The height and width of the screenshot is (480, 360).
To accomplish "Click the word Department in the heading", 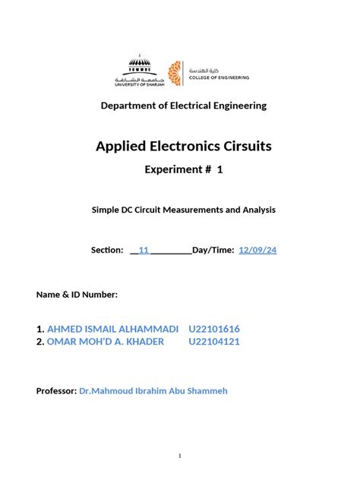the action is coord(131,106).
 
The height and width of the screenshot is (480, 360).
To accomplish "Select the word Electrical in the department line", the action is coord(204,106).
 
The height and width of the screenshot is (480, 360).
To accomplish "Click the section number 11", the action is coord(144,250).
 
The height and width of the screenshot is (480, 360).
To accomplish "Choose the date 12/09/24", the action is coord(258,250).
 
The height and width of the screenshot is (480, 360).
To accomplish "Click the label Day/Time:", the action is coord(213,250).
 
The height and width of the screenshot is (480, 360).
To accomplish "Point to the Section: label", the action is coord(106,250).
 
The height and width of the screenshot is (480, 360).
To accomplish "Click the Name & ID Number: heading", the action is coord(77,294).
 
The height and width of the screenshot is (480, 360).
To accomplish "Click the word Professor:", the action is coord(56,390).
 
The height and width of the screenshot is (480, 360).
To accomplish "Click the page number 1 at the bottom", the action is coord(180,456).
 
